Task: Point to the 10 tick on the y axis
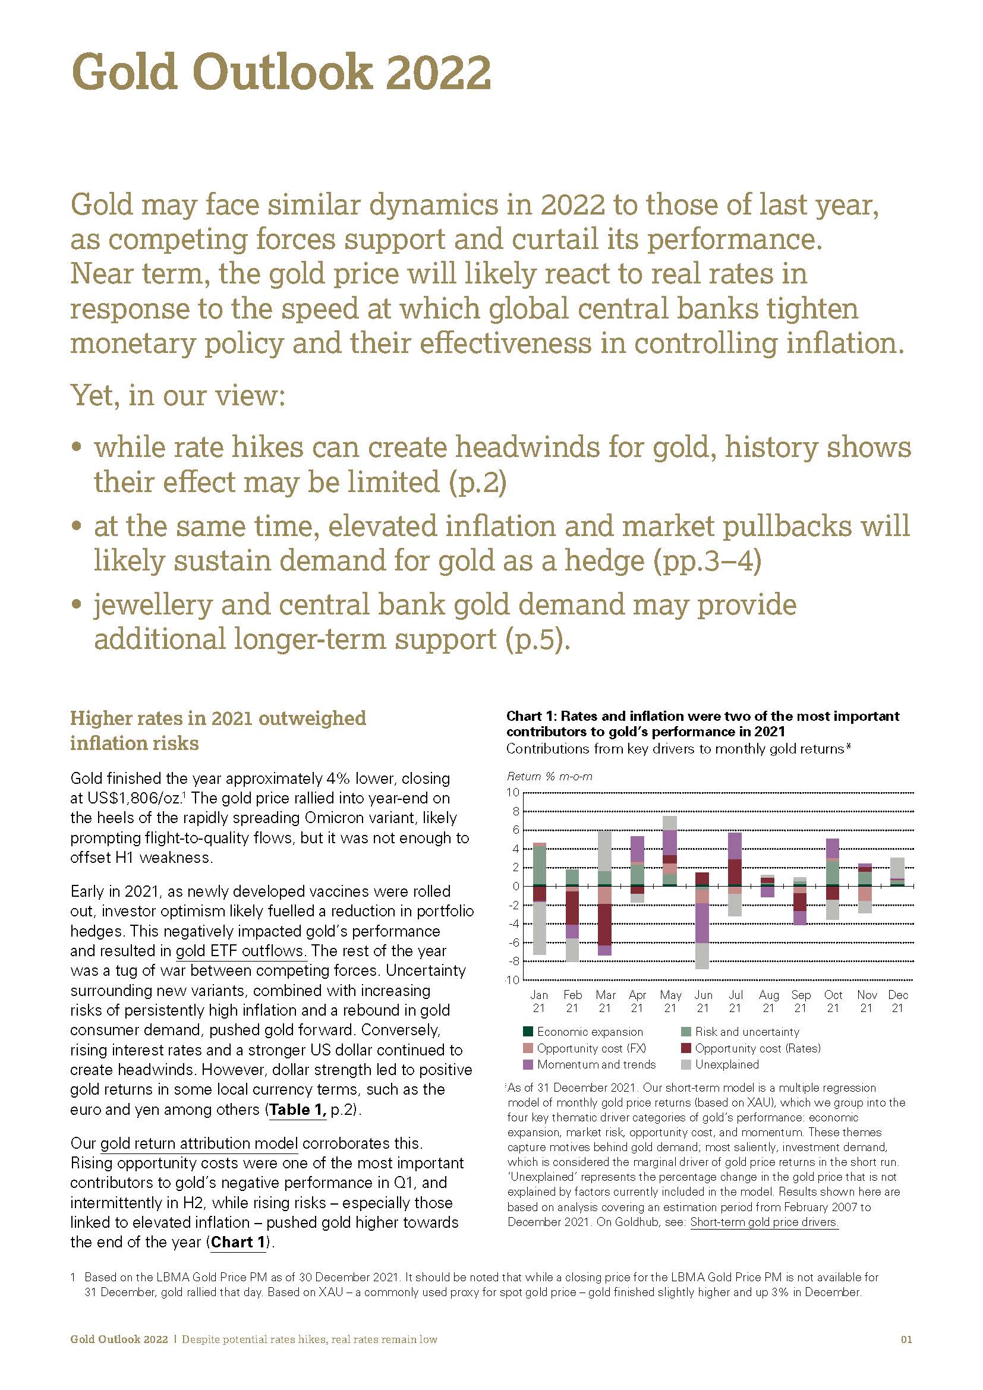tap(513, 793)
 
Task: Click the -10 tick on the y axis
tap(512, 980)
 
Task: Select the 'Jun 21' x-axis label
tap(702, 1001)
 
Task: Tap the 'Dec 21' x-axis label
tap(897, 1001)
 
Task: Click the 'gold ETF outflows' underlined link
tap(241, 950)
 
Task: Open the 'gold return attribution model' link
tap(199, 1143)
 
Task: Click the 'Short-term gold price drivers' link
tap(764, 1222)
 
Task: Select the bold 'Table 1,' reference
tap(298, 1110)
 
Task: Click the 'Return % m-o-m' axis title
tap(549, 776)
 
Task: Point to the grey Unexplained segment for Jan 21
tap(539, 928)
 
